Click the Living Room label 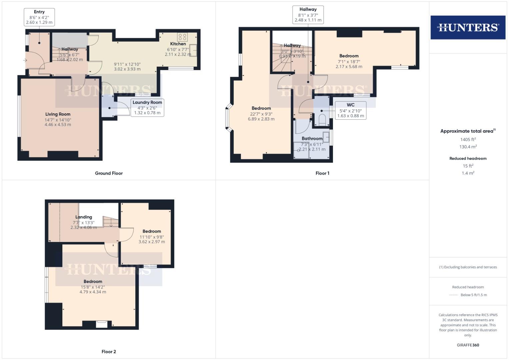(58, 114)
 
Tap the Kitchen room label (178, 44)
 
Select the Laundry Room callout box (147, 107)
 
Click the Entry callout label (39, 17)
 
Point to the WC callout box (350, 110)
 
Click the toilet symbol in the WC (322, 120)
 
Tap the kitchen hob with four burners (182, 37)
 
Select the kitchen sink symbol (193, 50)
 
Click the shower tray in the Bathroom (300, 149)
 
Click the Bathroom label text (312, 138)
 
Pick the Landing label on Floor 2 (84, 217)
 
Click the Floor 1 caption (322, 173)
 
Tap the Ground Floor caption (109, 173)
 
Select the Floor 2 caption (109, 351)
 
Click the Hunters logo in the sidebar (468, 27)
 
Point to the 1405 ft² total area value (468, 139)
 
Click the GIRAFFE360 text (468, 345)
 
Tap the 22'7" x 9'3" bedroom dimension (261, 114)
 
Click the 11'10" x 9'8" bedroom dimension (152, 237)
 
